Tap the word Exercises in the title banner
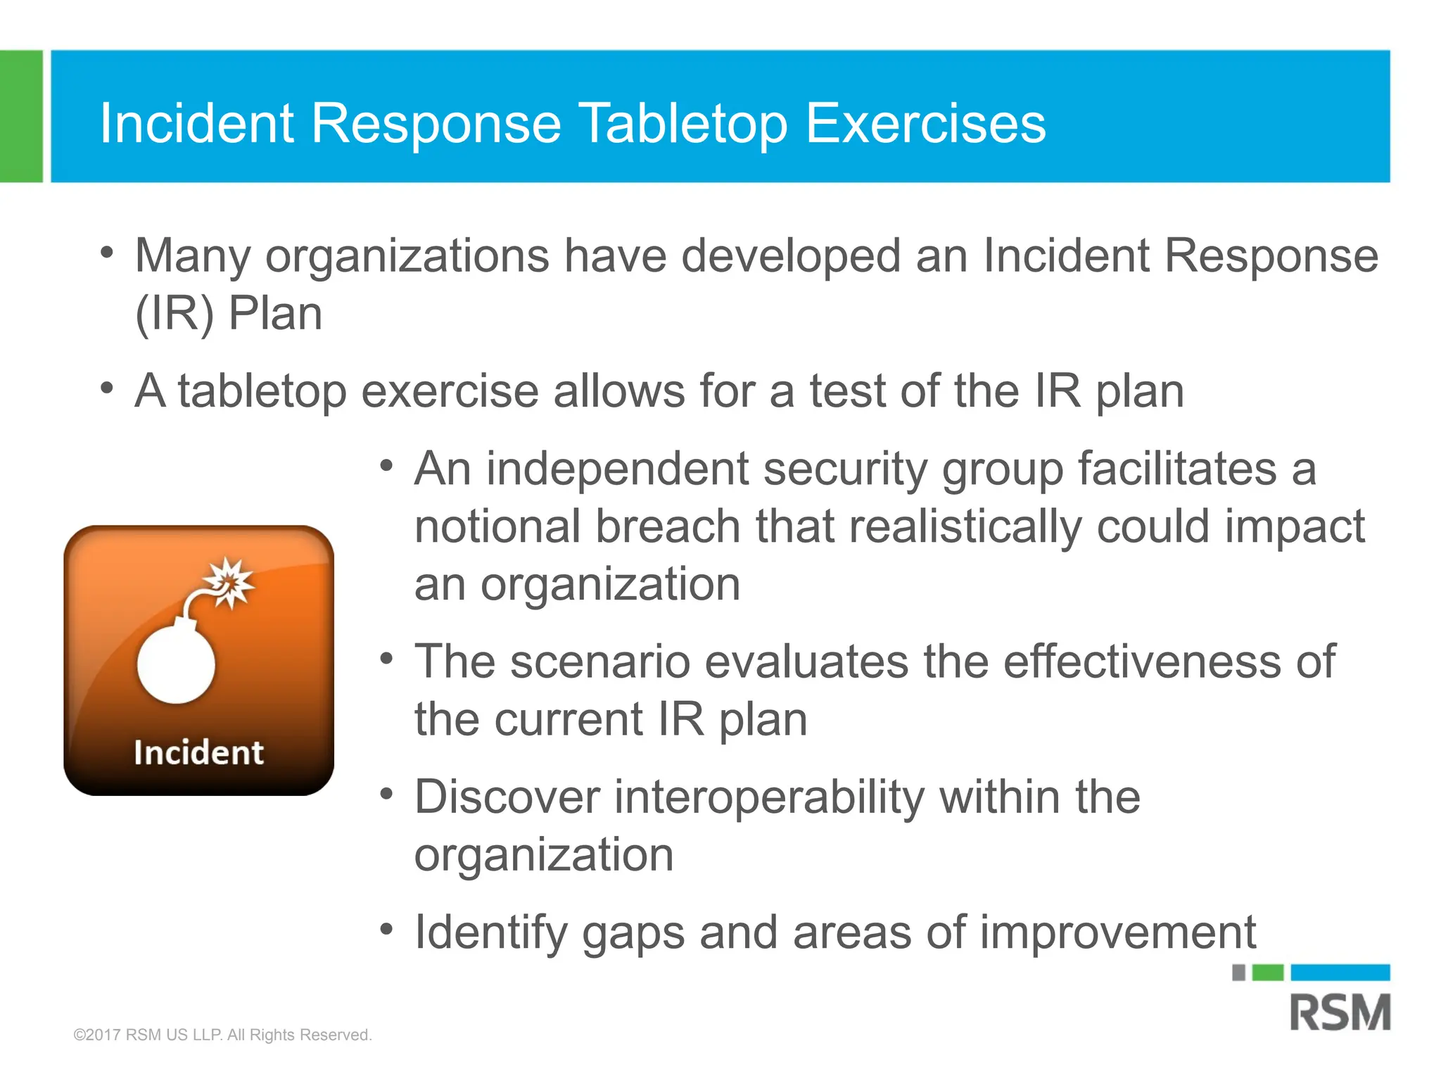click(925, 124)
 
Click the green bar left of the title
click(21, 116)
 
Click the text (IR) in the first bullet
click(174, 314)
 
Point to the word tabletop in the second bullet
click(262, 391)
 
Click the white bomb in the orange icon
click(176, 664)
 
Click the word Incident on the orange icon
click(198, 753)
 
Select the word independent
click(617, 469)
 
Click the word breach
click(668, 527)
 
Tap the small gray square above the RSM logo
click(1239, 973)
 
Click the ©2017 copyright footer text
click(222, 1035)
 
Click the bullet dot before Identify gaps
click(386, 929)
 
